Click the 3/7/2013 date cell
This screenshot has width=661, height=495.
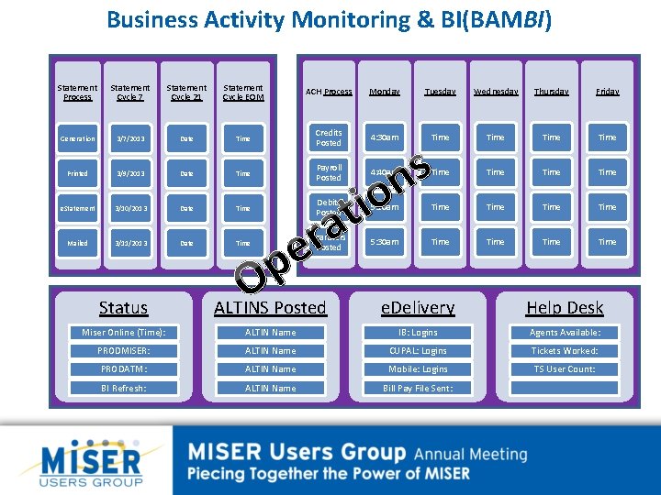point(130,138)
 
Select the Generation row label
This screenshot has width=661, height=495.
point(77,138)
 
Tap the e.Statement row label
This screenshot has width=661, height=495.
point(77,208)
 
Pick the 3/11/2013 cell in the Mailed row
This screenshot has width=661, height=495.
point(130,243)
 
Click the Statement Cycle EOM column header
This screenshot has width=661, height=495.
point(242,92)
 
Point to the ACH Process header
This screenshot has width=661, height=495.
point(329,92)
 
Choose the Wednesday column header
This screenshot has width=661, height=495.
point(496,92)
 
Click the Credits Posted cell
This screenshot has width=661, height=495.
point(329,137)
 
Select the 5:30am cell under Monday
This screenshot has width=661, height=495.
point(385,242)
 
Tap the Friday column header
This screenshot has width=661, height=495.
point(607,92)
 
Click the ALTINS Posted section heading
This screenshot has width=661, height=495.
point(270,308)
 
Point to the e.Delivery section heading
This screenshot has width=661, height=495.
point(418,308)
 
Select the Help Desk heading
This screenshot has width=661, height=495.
point(565,308)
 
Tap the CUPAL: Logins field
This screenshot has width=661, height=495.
point(417,351)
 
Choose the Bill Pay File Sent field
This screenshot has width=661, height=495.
point(417,388)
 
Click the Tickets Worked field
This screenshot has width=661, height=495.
point(565,351)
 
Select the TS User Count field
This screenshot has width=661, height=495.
point(565,369)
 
